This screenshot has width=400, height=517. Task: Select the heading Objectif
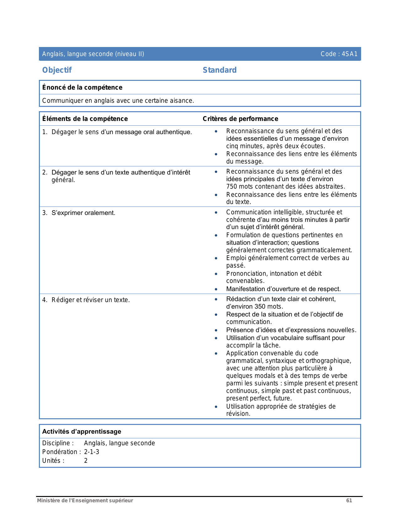57,70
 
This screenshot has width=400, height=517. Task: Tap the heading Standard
220,70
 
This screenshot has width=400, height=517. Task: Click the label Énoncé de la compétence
82,87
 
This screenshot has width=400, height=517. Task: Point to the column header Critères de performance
240,119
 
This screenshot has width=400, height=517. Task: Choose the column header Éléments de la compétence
85,119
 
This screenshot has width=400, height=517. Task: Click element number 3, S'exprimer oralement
83,213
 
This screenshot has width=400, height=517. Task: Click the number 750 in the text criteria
232,187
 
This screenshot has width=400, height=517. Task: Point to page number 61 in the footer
349,500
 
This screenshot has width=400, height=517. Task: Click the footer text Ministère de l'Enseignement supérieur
85,500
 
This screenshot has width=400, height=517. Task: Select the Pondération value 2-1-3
92,452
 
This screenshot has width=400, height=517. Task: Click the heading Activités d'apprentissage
82,431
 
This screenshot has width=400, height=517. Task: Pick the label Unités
53,461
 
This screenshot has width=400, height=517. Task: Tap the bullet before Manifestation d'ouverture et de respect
216,289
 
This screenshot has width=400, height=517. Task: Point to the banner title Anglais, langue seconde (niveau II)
93,54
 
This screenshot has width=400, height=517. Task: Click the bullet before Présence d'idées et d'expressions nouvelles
216,330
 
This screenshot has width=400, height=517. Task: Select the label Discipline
58,443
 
